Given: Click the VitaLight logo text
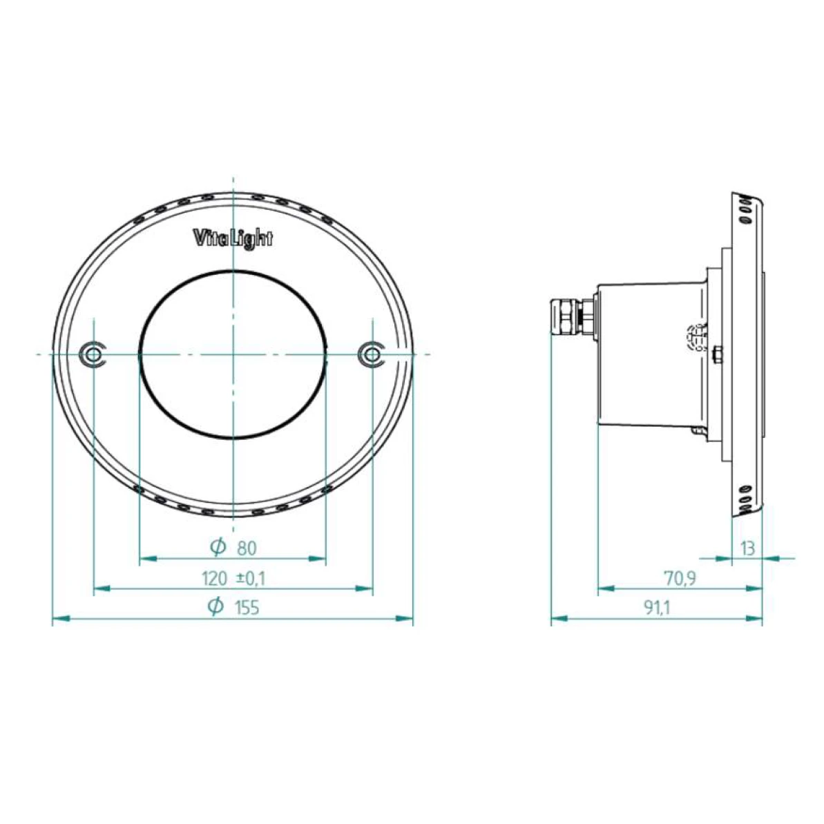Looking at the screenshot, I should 231,239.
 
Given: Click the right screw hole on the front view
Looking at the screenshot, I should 372,354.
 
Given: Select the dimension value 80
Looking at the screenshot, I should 247,548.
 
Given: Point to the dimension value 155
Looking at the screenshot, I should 247,609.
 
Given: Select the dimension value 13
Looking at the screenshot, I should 747,548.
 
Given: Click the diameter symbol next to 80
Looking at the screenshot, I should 218,547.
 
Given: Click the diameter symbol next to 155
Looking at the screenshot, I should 216,607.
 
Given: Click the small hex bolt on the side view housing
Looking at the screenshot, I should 716,354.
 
